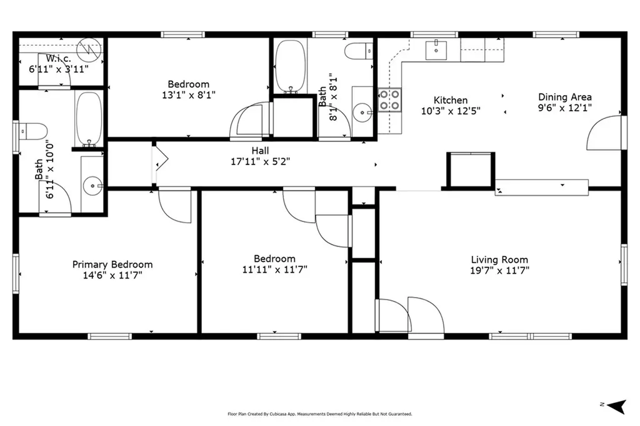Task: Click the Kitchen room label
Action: tap(451, 100)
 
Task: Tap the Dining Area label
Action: tap(565, 97)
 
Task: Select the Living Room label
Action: tap(499, 260)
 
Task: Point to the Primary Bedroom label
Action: tap(112, 265)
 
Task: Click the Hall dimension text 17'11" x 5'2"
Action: tap(261, 162)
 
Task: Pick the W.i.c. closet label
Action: tap(58, 58)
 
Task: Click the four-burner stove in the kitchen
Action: tap(389, 100)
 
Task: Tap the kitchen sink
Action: tap(436, 50)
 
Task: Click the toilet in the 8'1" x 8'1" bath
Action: tap(359, 51)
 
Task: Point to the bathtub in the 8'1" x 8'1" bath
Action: tap(290, 66)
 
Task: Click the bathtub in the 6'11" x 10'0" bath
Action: tap(89, 119)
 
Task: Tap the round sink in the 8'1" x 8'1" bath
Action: tap(362, 113)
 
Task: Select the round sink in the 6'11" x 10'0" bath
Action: tap(92, 186)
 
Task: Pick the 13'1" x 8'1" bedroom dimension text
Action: tap(189, 95)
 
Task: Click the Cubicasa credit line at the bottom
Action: tap(319, 413)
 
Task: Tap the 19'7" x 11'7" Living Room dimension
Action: tap(499, 270)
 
